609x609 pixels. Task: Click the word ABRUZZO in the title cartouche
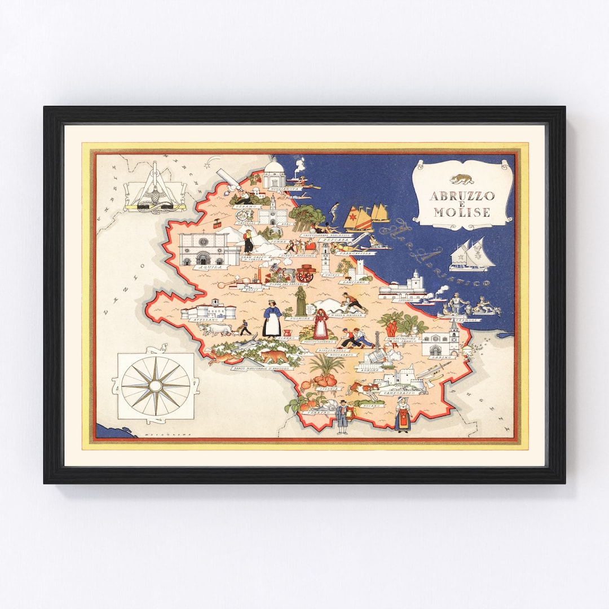point(462,196)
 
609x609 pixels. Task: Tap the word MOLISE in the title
point(462,213)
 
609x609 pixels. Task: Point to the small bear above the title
point(461,179)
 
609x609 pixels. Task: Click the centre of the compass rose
point(156,386)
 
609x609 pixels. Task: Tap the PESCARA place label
point(333,240)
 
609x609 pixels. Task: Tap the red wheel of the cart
point(305,275)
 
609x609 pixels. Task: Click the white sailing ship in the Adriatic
point(471,255)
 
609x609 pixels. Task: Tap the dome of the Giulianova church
point(275,167)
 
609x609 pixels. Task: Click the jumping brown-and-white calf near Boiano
point(361,389)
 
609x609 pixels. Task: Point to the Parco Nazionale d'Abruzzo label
point(261,368)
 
